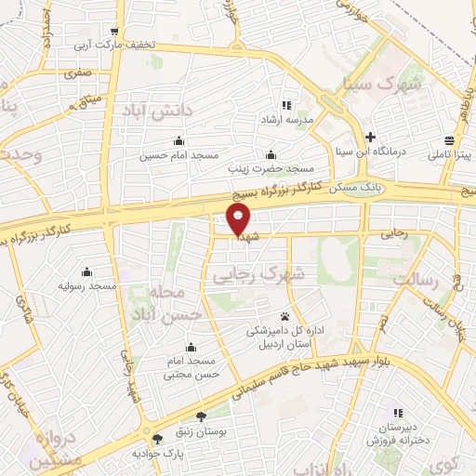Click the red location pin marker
(239, 220)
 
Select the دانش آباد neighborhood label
(155, 111)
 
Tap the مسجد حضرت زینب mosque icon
(271, 153)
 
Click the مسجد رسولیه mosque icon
(86, 271)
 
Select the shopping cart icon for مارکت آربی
(114, 31)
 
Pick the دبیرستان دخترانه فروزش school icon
(397, 412)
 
